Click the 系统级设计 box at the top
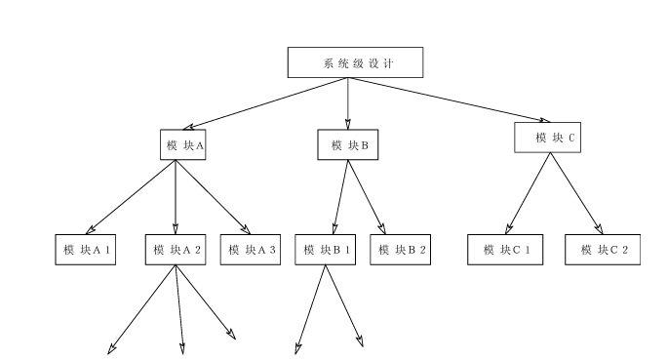pos(355,62)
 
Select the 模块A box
pos(185,145)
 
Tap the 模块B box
pos(348,145)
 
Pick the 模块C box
pos(553,138)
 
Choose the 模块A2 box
pos(176,250)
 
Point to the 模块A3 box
pos(252,250)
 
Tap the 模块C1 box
pos(505,250)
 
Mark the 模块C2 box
pos(603,250)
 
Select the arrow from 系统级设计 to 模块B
pos(348,102)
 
